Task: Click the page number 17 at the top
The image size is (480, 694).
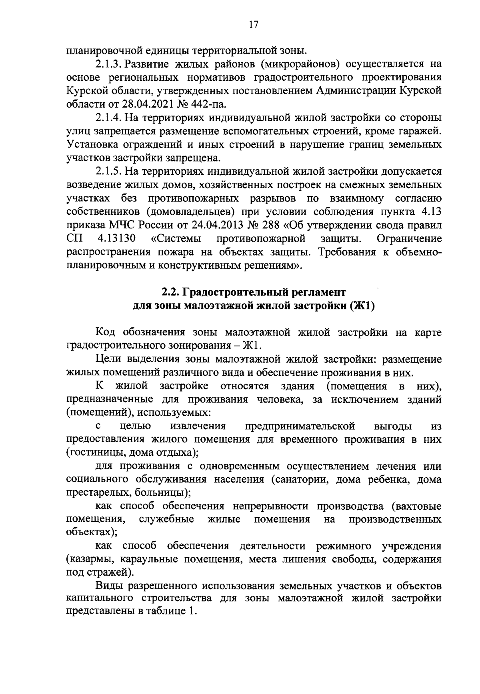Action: (x=253, y=24)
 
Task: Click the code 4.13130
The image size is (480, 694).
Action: (x=116, y=239)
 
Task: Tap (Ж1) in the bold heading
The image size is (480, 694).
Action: (x=362, y=306)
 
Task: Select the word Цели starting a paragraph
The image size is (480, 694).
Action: (x=108, y=359)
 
